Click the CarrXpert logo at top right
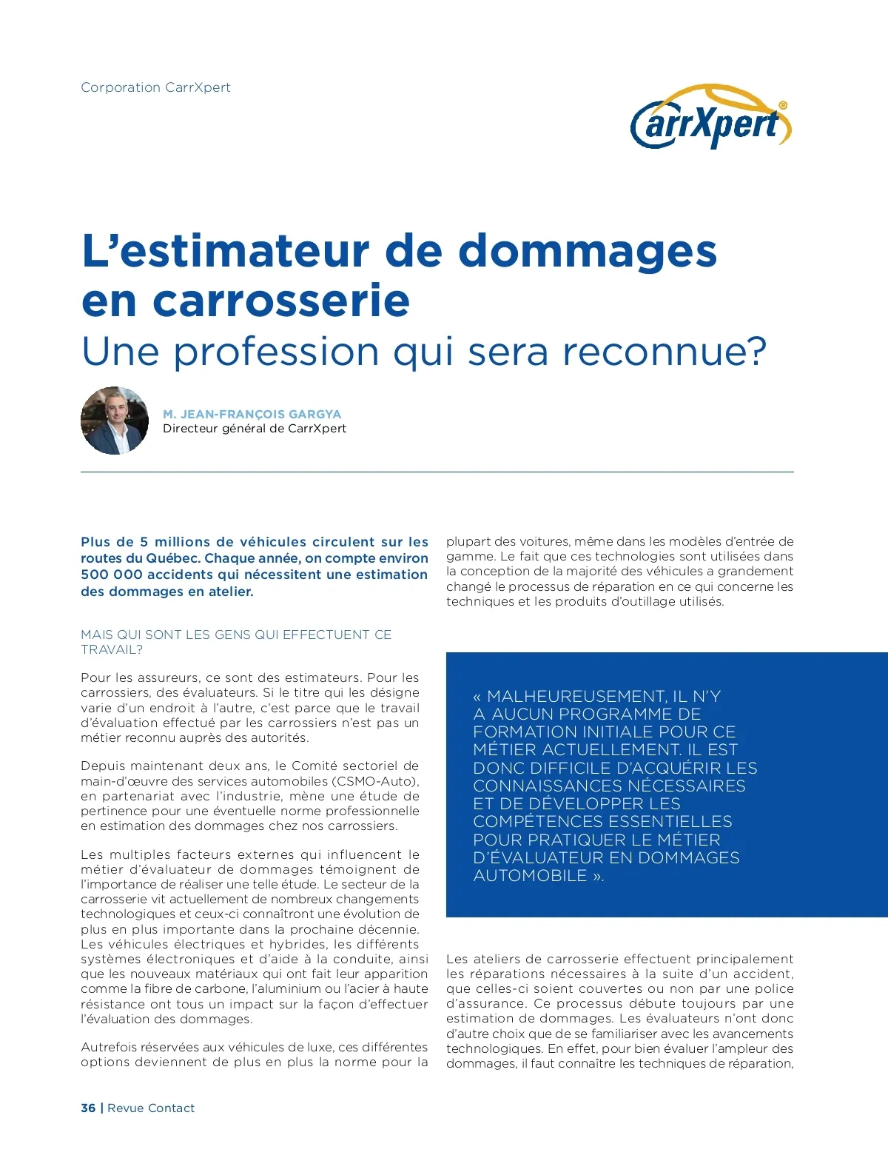(710, 118)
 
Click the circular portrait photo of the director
(115, 421)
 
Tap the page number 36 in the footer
(88, 1108)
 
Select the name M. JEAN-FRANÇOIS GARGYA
(252, 414)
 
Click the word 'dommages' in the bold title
(588, 252)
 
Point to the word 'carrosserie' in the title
(281, 301)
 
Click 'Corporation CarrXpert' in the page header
(155, 87)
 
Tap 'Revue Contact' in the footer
(151, 1108)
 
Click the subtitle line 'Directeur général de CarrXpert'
(255, 429)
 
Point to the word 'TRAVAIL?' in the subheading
(112, 649)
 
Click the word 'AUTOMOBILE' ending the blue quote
(530, 875)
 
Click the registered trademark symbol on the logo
(784, 105)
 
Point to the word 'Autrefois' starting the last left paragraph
(109, 1047)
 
